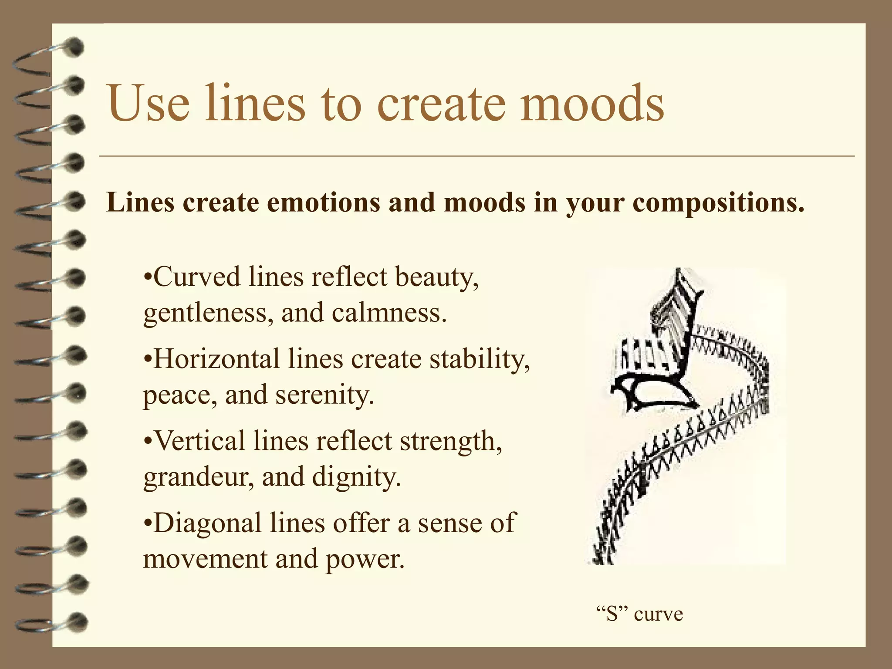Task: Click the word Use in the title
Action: coord(149,103)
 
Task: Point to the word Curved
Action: coord(196,277)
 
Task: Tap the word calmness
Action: coord(389,313)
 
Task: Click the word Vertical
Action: coord(200,440)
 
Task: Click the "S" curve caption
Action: coord(639,614)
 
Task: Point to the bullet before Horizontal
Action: coord(148,360)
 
